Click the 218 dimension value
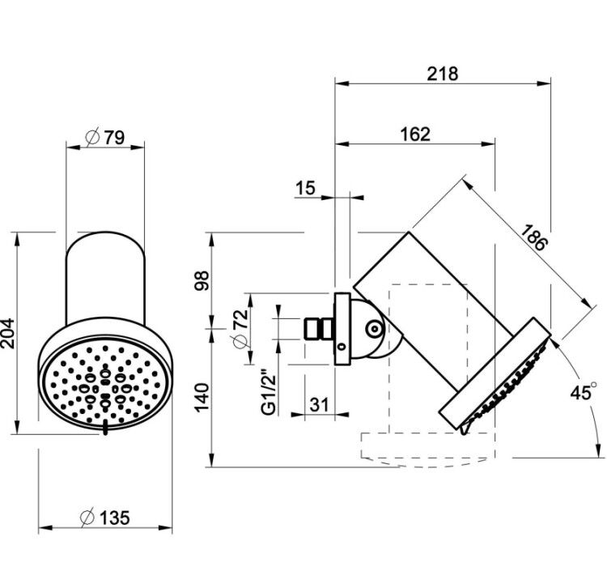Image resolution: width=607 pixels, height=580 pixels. click(x=443, y=74)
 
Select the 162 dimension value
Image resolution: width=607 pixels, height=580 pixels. click(x=415, y=134)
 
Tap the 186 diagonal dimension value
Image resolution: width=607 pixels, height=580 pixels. click(x=534, y=237)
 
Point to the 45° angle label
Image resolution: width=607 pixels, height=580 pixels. click(x=584, y=393)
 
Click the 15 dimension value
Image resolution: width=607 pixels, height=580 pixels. click(x=306, y=188)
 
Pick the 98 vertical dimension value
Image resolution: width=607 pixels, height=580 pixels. click(x=202, y=280)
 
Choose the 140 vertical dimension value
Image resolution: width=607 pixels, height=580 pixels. click(x=202, y=398)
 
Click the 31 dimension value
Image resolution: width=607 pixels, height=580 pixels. click(x=320, y=405)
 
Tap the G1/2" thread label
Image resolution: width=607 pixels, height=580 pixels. click(x=269, y=394)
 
